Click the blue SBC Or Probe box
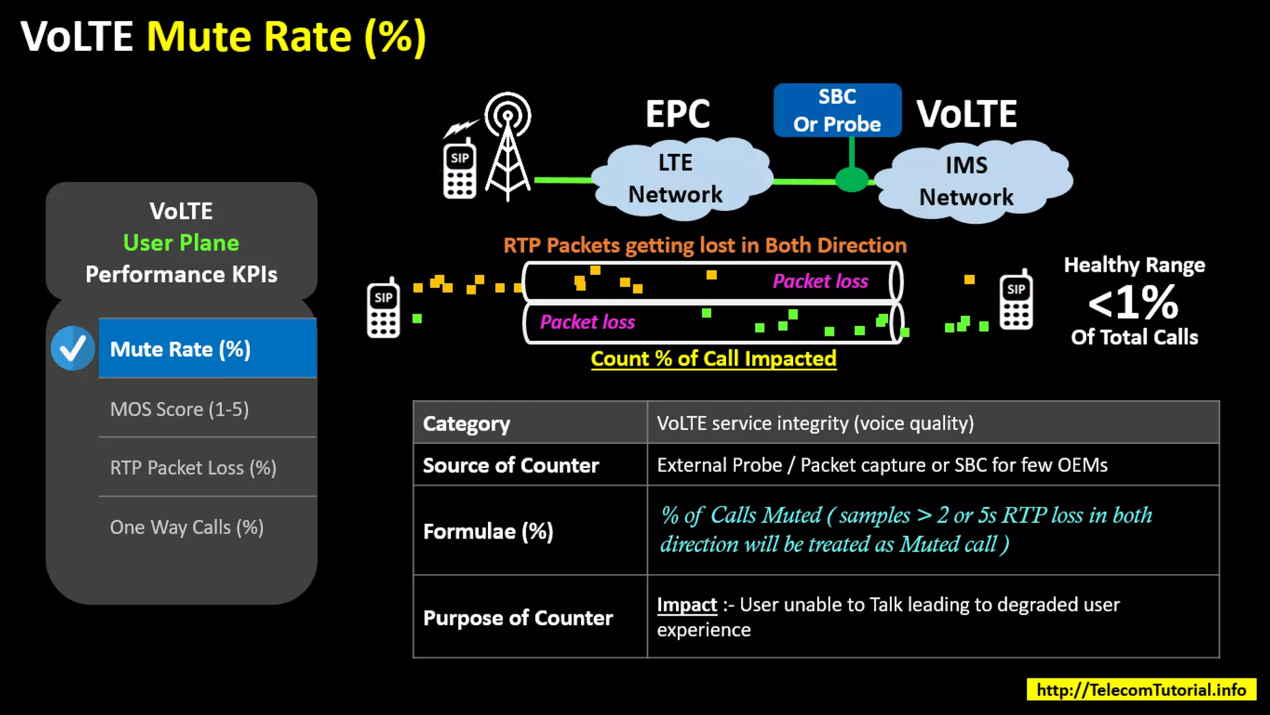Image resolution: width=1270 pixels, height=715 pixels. [837, 110]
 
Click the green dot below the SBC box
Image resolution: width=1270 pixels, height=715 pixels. [851, 179]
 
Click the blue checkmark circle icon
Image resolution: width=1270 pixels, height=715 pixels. [73, 348]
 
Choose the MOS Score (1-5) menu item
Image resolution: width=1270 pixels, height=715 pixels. [179, 409]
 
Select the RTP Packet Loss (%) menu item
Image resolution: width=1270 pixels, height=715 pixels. [193, 467]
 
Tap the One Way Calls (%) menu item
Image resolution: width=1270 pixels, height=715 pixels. [187, 527]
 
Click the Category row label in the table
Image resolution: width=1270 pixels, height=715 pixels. [466, 423]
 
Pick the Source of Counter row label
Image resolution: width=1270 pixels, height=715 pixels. [510, 465]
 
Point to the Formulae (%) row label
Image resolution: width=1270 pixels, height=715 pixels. [488, 531]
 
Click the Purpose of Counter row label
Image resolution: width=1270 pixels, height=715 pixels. [518, 618]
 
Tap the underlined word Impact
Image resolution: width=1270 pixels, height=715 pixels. [686, 605]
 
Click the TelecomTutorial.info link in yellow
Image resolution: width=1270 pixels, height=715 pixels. [1141, 690]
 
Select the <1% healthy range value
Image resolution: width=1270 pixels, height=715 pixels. [1134, 302]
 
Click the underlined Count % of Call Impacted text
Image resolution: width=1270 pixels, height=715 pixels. [713, 358]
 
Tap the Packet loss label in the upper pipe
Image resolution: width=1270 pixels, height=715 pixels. [820, 281]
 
